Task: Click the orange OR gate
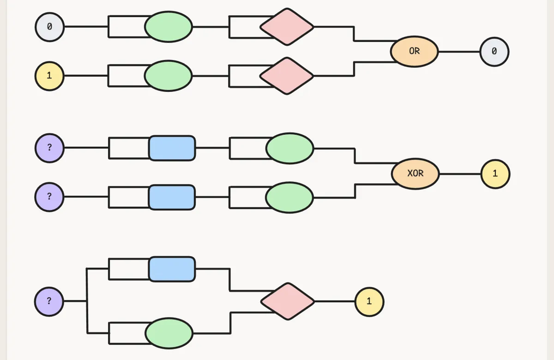pyautogui.click(x=414, y=51)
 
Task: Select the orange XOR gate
pyautogui.click(x=415, y=174)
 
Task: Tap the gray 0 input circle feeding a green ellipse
pyautogui.click(x=49, y=27)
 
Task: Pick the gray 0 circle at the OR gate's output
pyautogui.click(x=494, y=52)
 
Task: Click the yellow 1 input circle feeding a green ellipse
pyautogui.click(x=49, y=76)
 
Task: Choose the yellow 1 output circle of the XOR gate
pyautogui.click(x=495, y=174)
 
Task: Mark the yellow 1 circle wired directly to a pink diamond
pyautogui.click(x=369, y=302)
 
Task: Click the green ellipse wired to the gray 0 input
pyautogui.click(x=169, y=27)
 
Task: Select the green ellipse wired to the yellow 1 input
pyautogui.click(x=168, y=76)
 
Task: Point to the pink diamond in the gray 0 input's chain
pyautogui.click(x=287, y=27)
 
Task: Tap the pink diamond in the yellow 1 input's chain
pyautogui.click(x=287, y=76)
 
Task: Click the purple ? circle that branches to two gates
pyautogui.click(x=49, y=301)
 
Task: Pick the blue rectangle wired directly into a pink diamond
pyautogui.click(x=172, y=269)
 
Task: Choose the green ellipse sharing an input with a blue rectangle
pyautogui.click(x=169, y=333)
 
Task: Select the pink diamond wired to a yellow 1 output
pyautogui.click(x=288, y=301)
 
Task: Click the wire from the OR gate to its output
pyautogui.click(x=459, y=52)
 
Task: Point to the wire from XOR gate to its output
pyautogui.click(x=460, y=174)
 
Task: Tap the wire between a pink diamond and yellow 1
pyautogui.click(x=335, y=301)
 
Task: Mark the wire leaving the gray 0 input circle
pyautogui.click(x=86, y=26)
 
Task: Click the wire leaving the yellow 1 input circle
pyautogui.click(x=86, y=76)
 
